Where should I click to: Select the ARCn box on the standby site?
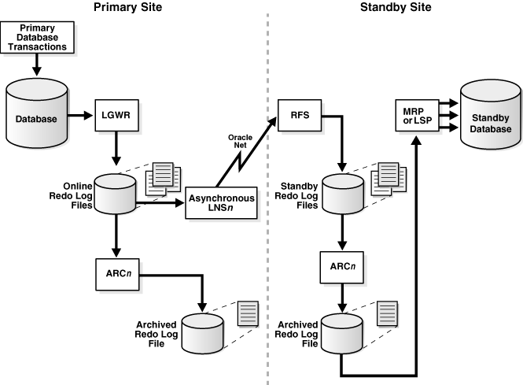pos(341,267)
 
